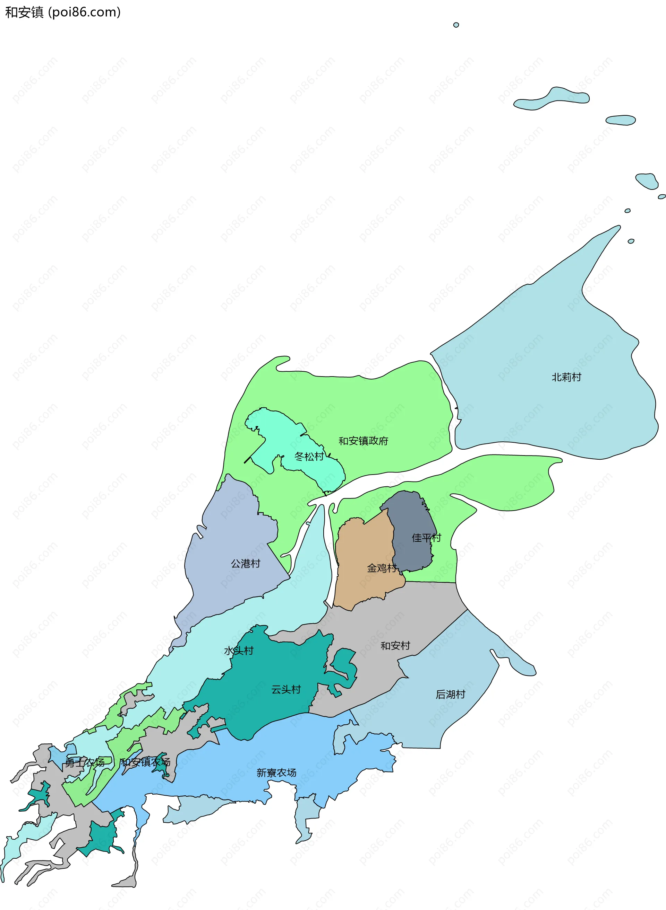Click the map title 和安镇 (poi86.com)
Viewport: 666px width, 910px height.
(62, 12)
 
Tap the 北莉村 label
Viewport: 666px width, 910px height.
(566, 377)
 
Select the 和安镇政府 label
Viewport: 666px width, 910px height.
(363, 441)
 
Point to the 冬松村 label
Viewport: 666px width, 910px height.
(309, 457)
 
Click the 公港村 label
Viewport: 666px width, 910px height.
(246, 564)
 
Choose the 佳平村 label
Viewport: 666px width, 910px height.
(426, 538)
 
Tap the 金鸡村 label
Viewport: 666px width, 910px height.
(381, 568)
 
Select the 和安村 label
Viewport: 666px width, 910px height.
(395, 646)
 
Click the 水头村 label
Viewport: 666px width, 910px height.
(239, 651)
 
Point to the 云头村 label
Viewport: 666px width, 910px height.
(286, 690)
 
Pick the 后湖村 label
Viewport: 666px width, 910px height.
(450, 695)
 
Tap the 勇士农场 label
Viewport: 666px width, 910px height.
(85, 762)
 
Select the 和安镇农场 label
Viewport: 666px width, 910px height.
(145, 762)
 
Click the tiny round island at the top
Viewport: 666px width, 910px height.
(456, 25)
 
